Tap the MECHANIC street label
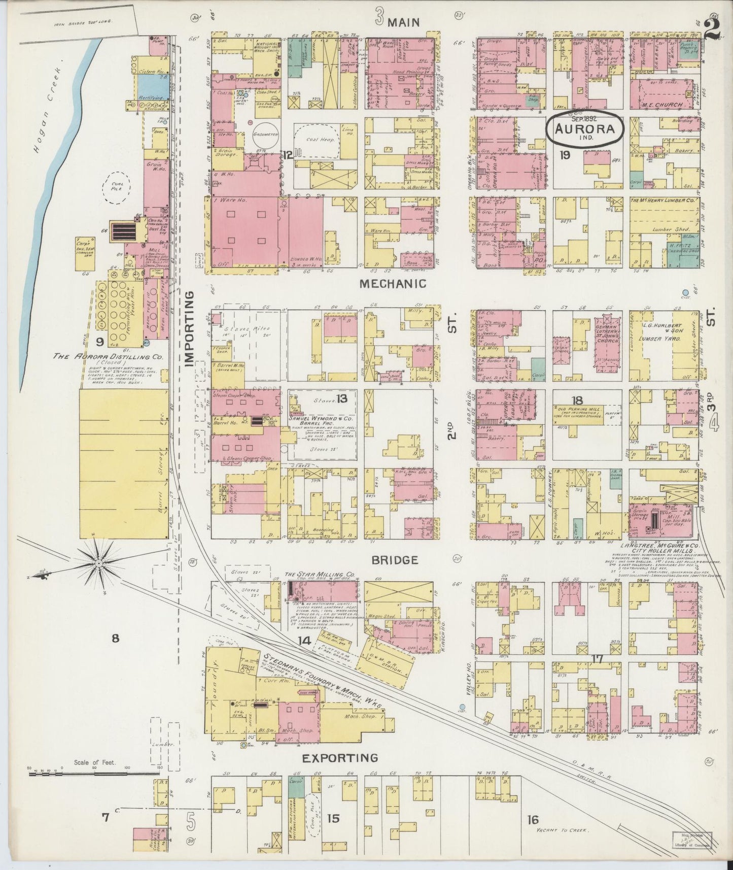(393, 284)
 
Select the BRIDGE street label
(395, 560)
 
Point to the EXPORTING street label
(340, 758)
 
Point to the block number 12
(288, 155)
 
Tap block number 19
(564, 156)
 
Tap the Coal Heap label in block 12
(320, 139)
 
